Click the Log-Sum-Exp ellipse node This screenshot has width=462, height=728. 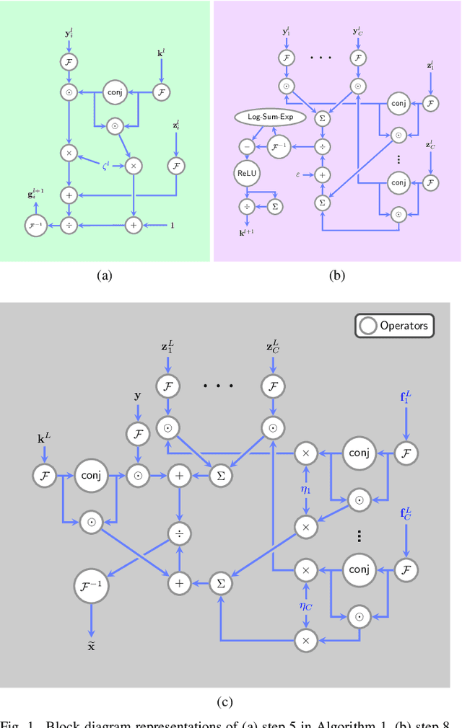[x=269, y=116]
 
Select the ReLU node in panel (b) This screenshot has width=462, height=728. [x=247, y=174]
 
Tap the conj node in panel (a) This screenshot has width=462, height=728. [x=113, y=92]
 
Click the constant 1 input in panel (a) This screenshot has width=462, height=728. [x=172, y=226]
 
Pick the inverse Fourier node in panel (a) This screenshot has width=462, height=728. [x=35, y=226]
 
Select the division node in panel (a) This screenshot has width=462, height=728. [x=69, y=226]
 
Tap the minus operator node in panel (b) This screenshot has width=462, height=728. [x=247, y=146]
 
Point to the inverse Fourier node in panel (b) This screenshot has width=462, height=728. [x=279, y=146]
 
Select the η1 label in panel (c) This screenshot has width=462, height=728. [x=305, y=490]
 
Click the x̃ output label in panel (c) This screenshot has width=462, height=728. [x=91, y=646]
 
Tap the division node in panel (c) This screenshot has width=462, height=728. [x=178, y=534]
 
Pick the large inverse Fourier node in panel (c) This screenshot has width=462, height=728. [x=91, y=586]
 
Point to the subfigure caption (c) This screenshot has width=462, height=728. [x=225, y=700]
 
